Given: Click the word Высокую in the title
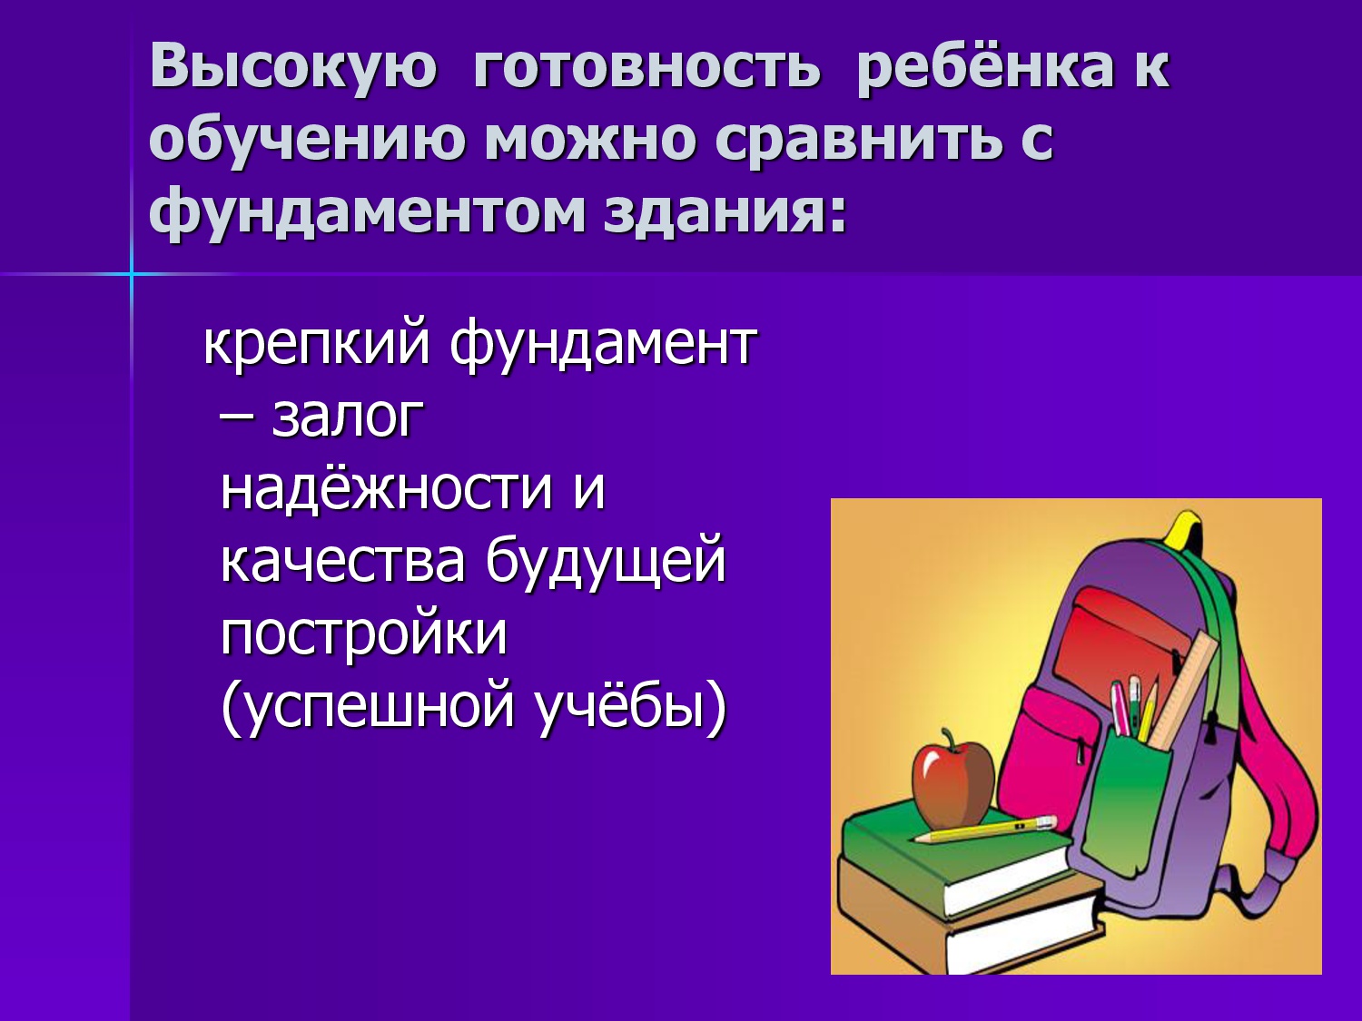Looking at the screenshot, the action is pos(294,67).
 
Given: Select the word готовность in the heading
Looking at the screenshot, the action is pos(646,68).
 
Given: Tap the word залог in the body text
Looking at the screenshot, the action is pos(348,417).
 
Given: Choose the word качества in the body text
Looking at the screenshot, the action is pos(342,563).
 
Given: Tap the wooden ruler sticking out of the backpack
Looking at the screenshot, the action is pos(1182,689).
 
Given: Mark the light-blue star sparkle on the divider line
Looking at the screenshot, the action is pos(131,273).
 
